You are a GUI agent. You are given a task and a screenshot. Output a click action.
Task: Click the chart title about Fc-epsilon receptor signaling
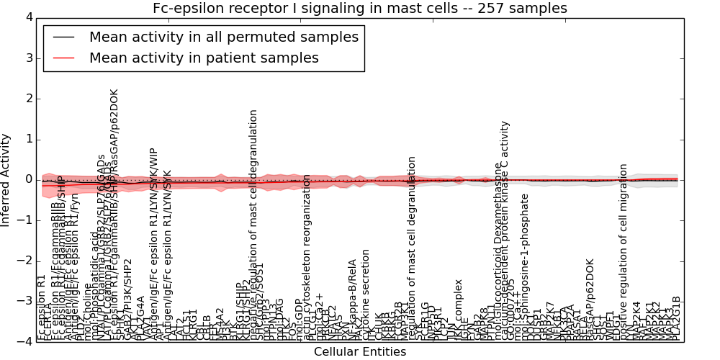359,8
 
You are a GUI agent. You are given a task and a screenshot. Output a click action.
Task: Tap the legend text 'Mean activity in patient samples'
204,58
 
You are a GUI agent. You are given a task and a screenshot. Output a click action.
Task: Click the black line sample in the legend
64,37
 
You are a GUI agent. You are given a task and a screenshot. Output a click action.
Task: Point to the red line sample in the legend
64,58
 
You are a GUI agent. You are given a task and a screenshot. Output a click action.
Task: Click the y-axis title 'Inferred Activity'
6,179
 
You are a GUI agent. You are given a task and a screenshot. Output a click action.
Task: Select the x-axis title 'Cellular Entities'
359,352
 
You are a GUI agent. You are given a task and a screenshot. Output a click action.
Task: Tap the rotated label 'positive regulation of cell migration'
624,252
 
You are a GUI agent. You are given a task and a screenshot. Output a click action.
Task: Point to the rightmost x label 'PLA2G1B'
676,318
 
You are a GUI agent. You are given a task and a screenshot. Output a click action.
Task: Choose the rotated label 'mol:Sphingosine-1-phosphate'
525,266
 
